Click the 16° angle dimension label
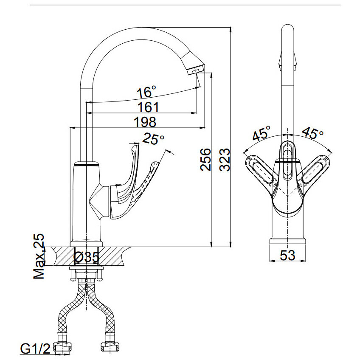(x=146, y=92)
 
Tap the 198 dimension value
(x=145, y=122)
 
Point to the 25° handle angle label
(x=153, y=139)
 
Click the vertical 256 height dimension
(x=205, y=160)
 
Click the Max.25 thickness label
(x=39, y=256)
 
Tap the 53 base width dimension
(x=287, y=255)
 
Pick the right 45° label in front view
(x=312, y=134)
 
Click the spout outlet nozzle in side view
(x=195, y=69)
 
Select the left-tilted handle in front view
(x=261, y=169)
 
